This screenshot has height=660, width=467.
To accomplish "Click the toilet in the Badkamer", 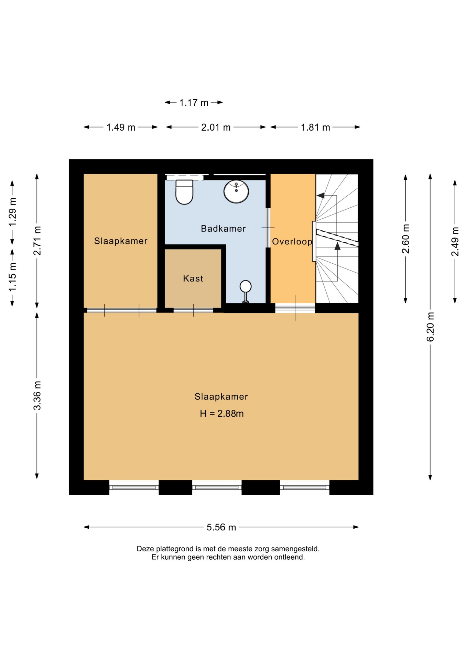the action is point(184,191).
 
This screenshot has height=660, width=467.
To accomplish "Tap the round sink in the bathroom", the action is point(236,191).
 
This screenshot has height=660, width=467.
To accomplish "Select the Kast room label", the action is point(193,278).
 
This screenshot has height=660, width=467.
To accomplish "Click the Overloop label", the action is point(292,242).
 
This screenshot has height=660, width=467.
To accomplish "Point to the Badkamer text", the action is point(223,229).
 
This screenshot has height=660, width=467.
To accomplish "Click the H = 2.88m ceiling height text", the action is point(222,414).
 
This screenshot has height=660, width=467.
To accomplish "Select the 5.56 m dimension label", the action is point(221,527).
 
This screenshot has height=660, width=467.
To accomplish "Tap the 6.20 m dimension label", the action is point(430,327).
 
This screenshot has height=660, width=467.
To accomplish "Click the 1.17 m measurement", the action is point(194,103).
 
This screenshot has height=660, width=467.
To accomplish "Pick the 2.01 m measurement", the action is point(216,128).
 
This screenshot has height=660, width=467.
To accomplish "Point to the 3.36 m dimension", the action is point(37,396).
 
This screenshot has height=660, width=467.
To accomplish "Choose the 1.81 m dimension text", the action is point(315,128).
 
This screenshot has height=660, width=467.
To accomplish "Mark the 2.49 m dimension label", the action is point(455,242).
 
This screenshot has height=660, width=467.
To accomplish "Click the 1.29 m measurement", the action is point(12,212).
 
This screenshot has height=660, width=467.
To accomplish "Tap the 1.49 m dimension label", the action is point(121,128).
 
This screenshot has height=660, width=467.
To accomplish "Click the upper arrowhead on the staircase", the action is point(321,196).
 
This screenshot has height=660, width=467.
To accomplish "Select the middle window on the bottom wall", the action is point(217,487).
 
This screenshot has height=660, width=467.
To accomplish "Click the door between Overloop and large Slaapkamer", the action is point(295,308).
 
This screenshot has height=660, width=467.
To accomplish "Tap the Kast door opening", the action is point(193,310).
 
